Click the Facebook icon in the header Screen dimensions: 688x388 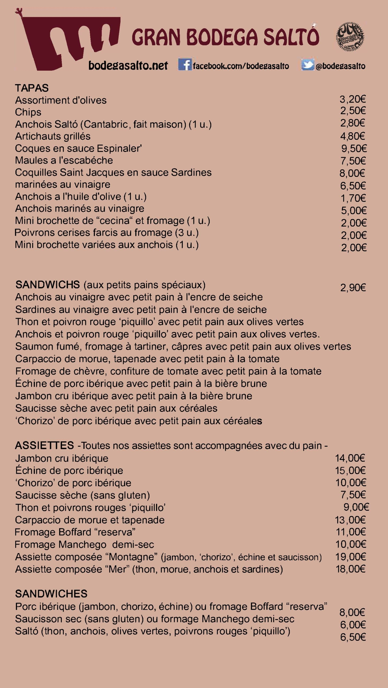185,65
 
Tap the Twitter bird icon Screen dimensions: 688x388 307,65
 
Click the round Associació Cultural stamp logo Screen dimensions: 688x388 350,37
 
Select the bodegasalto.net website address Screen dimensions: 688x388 128,65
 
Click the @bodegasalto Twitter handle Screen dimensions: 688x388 340,66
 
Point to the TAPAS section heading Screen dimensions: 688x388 32,88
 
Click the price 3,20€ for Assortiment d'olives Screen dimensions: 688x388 353,99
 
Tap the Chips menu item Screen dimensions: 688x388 28,112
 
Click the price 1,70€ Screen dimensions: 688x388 353,198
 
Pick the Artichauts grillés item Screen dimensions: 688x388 53,136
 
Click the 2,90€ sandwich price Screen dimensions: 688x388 353,288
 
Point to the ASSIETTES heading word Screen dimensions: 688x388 44,446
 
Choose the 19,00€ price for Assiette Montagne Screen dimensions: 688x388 350,557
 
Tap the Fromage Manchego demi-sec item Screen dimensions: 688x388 84,544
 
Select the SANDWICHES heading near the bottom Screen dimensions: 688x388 51,594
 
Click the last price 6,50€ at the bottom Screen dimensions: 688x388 353,637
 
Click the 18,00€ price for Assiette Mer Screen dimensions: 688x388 350,569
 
